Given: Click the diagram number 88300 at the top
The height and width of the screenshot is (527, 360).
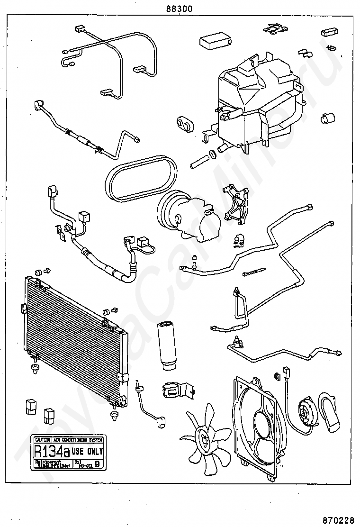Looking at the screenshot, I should [x=179, y=8].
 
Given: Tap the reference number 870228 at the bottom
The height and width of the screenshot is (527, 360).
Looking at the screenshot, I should [x=338, y=519].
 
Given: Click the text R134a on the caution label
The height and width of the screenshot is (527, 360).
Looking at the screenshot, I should [x=49, y=451].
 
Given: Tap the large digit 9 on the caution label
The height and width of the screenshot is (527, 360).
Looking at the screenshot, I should [x=98, y=464].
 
